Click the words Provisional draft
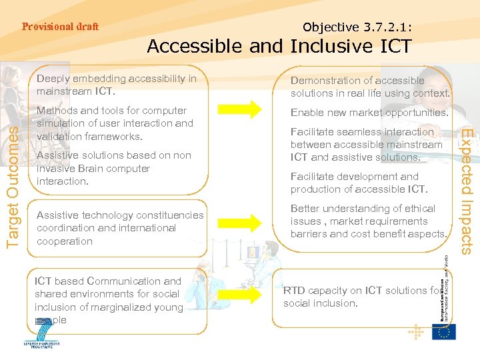coord(60,27)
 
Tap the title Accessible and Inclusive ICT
coord(279,47)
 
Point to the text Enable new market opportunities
coord(369,113)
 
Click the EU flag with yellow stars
coord(443,331)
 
